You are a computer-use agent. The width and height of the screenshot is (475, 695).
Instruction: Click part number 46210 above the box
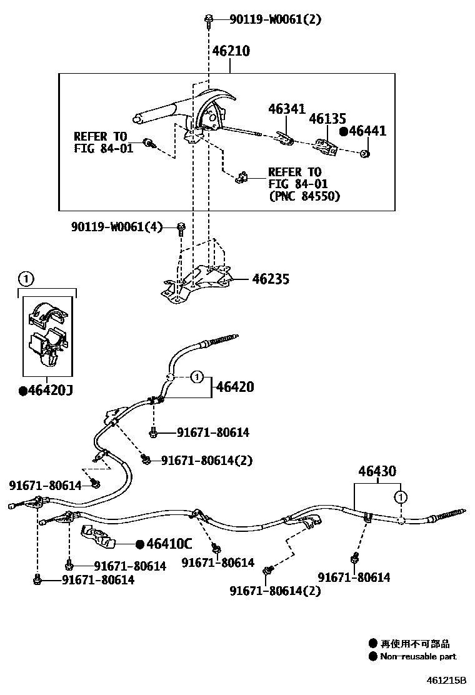coord(231,51)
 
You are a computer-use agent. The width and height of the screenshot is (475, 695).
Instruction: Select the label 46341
coord(287,109)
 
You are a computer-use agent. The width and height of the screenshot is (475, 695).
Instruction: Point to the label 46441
coord(367,131)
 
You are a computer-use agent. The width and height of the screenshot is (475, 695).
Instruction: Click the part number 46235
coord(271,279)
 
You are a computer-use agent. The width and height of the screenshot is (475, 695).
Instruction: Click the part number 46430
coord(377,471)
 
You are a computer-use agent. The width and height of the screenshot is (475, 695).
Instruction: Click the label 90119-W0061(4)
coord(116,227)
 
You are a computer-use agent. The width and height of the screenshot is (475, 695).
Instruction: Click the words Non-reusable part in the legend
coord(418,656)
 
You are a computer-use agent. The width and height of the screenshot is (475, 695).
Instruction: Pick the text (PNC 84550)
coord(304,196)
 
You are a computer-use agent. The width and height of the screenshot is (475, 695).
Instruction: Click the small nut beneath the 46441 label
coord(366,153)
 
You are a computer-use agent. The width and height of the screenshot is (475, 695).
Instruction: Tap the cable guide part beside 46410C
coord(100,536)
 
